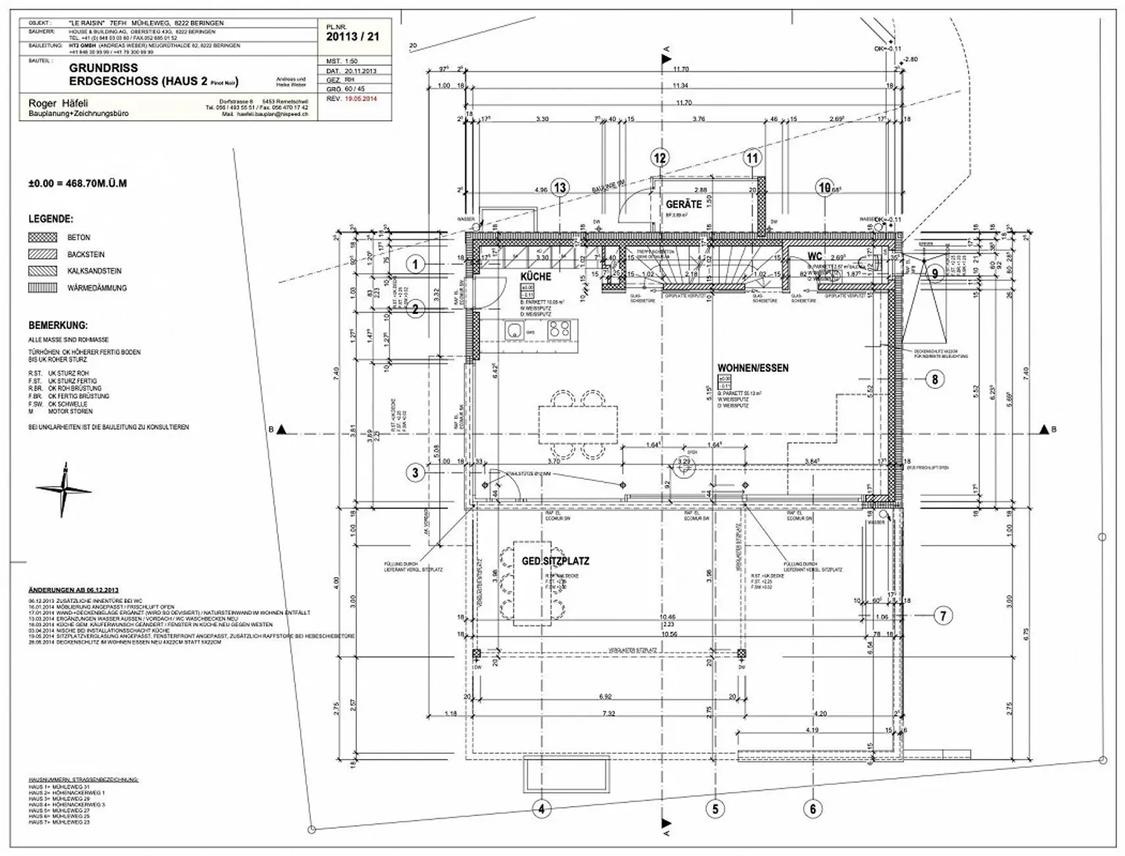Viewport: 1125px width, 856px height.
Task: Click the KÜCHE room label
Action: click(536, 276)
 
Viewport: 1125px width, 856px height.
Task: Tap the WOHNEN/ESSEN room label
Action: click(753, 368)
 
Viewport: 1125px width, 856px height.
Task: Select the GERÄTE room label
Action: click(684, 205)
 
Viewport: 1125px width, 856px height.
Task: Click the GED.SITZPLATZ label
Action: click(555, 562)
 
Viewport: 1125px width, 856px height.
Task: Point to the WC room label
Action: click(815, 257)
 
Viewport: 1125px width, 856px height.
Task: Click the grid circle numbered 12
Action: click(660, 158)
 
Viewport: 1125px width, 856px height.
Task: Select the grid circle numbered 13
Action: click(560, 187)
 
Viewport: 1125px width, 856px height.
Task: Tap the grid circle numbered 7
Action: click(943, 616)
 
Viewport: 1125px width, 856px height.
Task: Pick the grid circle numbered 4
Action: click(541, 809)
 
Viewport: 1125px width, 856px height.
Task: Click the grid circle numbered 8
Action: click(934, 380)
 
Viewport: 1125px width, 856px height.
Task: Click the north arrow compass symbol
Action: click(64, 490)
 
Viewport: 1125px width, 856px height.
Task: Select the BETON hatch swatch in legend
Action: click(43, 237)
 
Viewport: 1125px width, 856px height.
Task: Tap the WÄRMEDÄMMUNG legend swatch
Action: click(43, 288)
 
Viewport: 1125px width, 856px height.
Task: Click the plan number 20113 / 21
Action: click(352, 36)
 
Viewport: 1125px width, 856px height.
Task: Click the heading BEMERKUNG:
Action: click(59, 326)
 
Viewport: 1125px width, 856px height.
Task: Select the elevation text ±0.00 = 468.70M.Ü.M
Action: click(77, 184)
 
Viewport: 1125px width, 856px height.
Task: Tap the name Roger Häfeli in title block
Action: click(59, 103)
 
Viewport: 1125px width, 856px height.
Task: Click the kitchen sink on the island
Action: click(515, 330)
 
